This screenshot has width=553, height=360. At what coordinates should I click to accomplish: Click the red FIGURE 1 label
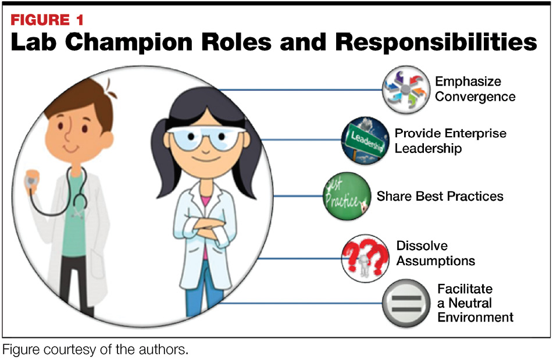pyautogui.click(x=47, y=20)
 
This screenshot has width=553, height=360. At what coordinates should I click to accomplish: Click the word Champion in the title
pyautogui.click(x=129, y=42)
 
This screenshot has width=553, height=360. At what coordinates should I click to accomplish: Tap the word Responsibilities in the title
pyautogui.click(x=436, y=42)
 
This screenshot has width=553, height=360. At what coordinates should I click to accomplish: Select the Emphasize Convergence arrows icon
pyautogui.click(x=406, y=90)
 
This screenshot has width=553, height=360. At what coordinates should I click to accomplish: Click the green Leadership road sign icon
pyautogui.click(x=365, y=140)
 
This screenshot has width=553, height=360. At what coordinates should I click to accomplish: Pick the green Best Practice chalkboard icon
pyautogui.click(x=347, y=197)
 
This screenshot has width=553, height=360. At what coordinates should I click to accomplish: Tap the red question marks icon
pyautogui.click(x=365, y=258)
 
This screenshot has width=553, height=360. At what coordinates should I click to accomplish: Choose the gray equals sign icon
pyautogui.click(x=406, y=303)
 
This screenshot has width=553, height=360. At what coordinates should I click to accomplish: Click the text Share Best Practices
pyautogui.click(x=440, y=197)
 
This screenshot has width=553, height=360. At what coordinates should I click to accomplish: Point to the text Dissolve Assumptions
pyautogui.click(x=436, y=253)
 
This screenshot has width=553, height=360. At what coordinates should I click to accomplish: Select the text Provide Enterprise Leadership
pyautogui.click(x=451, y=141)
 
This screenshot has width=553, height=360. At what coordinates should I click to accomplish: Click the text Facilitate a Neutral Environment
pyautogui.click(x=476, y=303)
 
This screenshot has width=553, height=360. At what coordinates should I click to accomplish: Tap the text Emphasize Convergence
pyautogui.click(x=475, y=89)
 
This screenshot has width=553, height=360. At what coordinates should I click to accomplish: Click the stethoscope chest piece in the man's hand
pyautogui.click(x=32, y=179)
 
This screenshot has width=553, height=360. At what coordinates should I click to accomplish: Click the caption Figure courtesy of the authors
pyautogui.click(x=95, y=350)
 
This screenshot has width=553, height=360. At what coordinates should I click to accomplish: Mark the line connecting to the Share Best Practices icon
pyautogui.click(x=298, y=196)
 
